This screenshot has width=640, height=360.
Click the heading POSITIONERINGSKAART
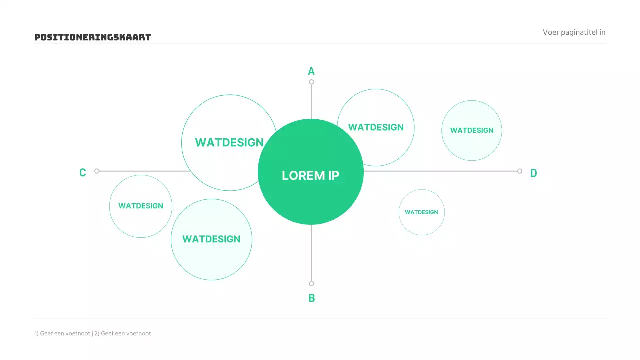(92, 37)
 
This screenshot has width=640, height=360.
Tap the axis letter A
(311, 71)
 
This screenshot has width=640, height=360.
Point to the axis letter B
(311, 298)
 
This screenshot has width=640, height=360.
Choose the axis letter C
(83, 173)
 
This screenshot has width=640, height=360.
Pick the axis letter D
(533, 173)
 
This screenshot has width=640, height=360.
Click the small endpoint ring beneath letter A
(311, 82)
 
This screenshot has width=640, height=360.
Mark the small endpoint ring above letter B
(311, 284)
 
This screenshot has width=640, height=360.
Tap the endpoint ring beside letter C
(97, 171)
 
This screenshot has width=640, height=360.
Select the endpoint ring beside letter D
(520, 171)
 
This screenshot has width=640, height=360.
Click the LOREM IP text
(310, 175)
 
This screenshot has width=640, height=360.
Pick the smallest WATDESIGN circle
(421, 212)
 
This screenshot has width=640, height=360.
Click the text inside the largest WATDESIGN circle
(229, 142)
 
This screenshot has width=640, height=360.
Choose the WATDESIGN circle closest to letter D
(471, 130)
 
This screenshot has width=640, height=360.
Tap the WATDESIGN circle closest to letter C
(141, 206)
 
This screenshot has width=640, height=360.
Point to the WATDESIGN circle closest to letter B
(211, 239)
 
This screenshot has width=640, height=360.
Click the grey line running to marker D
(440, 171)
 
